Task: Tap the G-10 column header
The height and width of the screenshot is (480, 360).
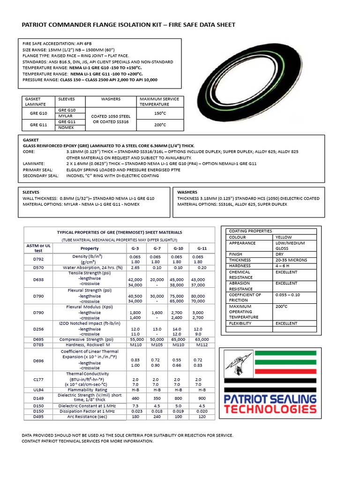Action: [x=178, y=248]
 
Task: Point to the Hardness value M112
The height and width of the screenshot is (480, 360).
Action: [x=202, y=345]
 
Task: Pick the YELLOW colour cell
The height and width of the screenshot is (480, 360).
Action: [x=284, y=237]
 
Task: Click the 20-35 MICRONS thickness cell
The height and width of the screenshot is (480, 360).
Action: [x=291, y=260]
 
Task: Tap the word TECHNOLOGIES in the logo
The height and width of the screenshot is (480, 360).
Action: [x=270, y=409]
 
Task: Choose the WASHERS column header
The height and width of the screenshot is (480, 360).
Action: [x=111, y=99]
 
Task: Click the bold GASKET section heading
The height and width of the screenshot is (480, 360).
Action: [x=31, y=140]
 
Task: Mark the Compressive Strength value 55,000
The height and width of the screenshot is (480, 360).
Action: [x=135, y=339]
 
